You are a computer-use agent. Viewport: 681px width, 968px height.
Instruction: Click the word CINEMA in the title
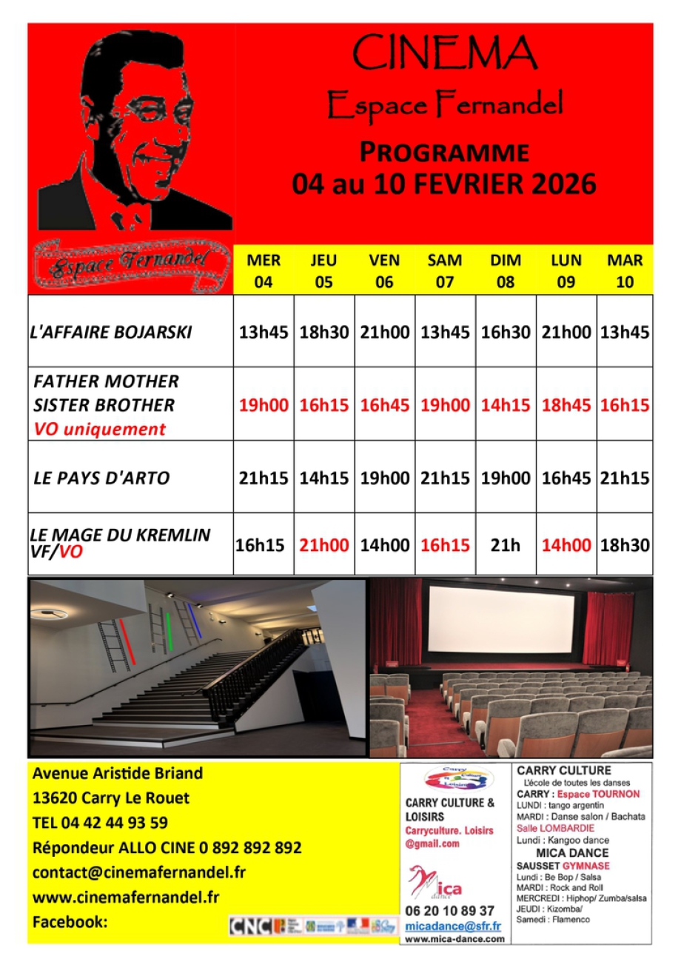pyautogui.click(x=444, y=53)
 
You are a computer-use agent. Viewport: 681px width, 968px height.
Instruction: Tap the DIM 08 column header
pyautogui.click(x=506, y=270)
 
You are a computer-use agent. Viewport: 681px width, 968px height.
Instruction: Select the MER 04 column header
pyautogui.click(x=264, y=270)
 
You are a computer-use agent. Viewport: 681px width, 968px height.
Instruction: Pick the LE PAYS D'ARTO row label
pyautogui.click(x=101, y=478)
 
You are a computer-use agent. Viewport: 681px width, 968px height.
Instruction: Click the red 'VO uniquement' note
pyautogui.click(x=100, y=429)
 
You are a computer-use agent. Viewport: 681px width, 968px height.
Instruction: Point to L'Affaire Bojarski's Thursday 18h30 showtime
pyautogui.click(x=323, y=333)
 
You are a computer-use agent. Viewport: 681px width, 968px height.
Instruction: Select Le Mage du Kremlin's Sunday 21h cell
pyautogui.click(x=506, y=546)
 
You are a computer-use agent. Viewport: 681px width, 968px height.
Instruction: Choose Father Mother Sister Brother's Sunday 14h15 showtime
pyautogui.click(x=506, y=405)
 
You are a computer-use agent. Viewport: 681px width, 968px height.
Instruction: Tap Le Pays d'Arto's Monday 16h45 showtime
pyautogui.click(x=566, y=478)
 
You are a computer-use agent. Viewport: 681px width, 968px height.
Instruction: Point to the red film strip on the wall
pyautogui.click(x=128, y=642)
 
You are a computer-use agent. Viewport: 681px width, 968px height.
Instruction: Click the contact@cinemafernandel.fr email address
pyautogui.click(x=138, y=872)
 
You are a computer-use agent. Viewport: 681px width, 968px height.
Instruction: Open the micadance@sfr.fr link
pyautogui.click(x=453, y=926)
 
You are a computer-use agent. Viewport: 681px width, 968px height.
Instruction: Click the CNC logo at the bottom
pyautogui.click(x=250, y=926)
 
